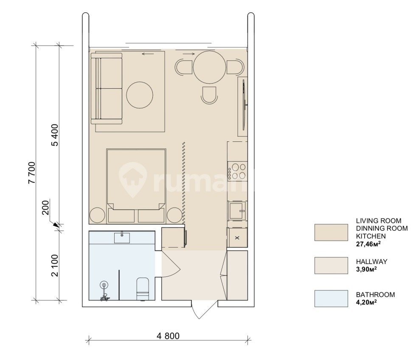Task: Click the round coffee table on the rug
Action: coord(140,94)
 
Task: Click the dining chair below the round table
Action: coord(209,95)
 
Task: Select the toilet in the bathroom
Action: coord(142,289)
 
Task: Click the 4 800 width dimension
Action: coord(168,336)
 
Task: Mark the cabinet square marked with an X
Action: coord(237,238)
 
